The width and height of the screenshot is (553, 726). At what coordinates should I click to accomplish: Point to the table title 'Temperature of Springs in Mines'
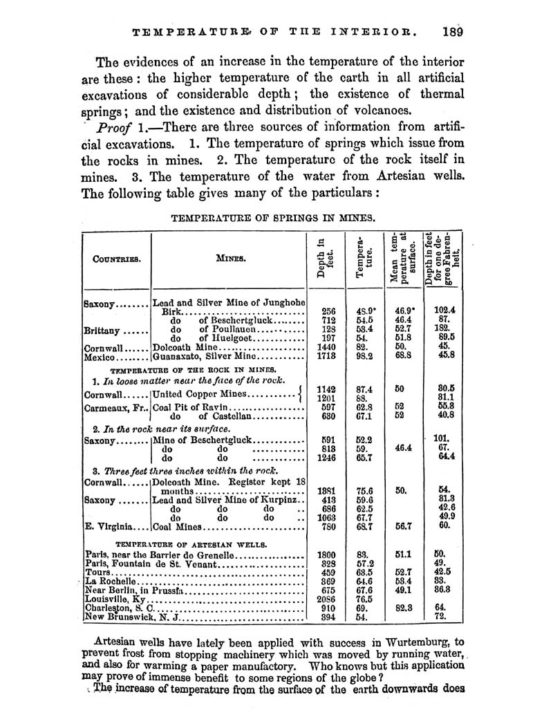(x=273, y=218)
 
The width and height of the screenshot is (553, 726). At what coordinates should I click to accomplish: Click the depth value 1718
(x=326, y=357)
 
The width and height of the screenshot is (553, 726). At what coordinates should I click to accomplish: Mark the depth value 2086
(x=326, y=599)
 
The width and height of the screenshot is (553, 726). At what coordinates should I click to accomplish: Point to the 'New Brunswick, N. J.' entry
(x=131, y=617)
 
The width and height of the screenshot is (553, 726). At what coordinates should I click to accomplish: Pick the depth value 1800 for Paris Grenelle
(x=326, y=555)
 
